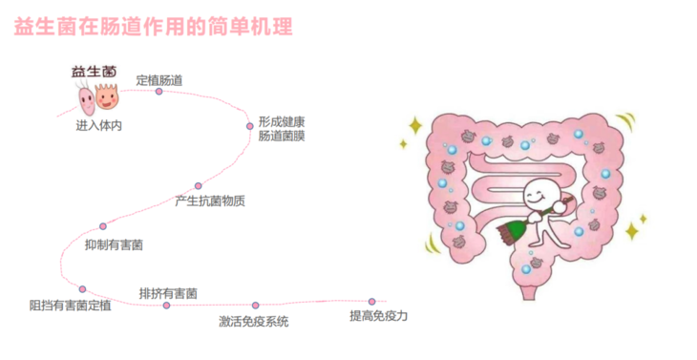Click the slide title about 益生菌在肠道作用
[154, 26]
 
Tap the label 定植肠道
[159, 79]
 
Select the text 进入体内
[99, 125]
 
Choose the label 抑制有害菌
[115, 245]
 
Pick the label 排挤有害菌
[168, 292]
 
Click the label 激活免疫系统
[253, 321]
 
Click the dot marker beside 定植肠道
[158, 92]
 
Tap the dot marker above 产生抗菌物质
[199, 186]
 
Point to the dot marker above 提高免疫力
[372, 301]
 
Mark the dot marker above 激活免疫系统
[255, 306]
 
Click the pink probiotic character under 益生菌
[84, 96]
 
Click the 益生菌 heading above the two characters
[94, 71]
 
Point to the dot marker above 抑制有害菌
[103, 226]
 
